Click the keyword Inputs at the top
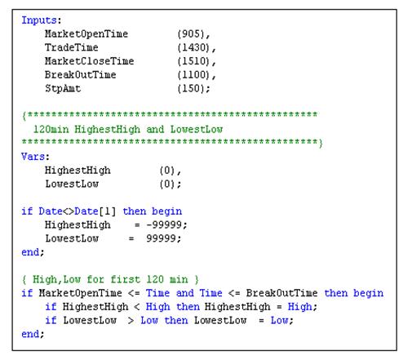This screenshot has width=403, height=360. (x=39, y=20)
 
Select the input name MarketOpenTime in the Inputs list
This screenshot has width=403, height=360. (x=86, y=34)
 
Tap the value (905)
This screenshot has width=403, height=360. (x=191, y=34)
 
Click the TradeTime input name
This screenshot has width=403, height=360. (x=72, y=47)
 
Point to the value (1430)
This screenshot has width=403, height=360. (x=193, y=48)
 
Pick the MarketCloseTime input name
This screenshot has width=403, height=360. (x=89, y=61)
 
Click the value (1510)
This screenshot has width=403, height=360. (x=193, y=61)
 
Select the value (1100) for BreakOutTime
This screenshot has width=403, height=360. (x=193, y=75)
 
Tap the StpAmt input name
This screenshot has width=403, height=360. (x=63, y=89)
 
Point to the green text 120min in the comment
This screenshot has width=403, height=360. (x=51, y=129)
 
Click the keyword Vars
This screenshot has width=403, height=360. (x=33, y=157)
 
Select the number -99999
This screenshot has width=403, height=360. (x=164, y=225)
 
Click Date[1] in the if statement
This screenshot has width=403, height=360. (x=95, y=211)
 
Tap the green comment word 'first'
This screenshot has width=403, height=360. (x=126, y=279)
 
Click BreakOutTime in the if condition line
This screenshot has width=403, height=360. (x=281, y=293)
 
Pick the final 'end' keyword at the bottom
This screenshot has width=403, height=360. (x=30, y=334)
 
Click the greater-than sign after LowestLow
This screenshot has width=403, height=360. (x=131, y=321)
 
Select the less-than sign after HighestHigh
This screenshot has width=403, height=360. (x=137, y=307)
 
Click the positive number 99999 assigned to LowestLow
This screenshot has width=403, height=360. (x=162, y=238)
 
